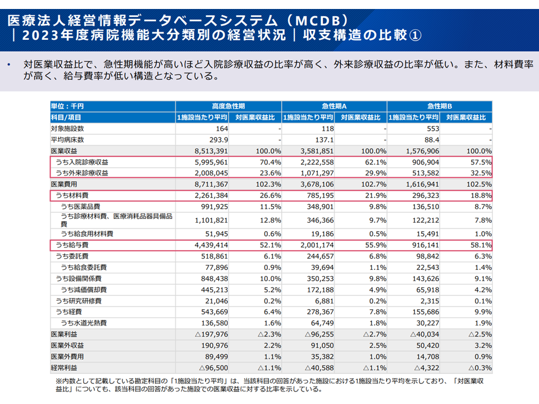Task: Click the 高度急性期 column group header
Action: point(229,106)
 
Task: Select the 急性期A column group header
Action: point(334,106)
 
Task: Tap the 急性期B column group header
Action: point(439,106)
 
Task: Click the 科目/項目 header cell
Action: point(66,117)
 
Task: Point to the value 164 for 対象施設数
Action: point(222,128)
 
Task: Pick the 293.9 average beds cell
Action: point(218,140)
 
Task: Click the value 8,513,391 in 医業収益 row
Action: point(211,151)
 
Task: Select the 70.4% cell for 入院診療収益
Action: point(270,162)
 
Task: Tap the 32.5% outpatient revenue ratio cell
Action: point(481,173)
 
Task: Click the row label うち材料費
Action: point(72,195)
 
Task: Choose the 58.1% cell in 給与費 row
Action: point(481,245)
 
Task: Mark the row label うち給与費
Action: point(72,245)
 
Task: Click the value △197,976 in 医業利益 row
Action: point(211,334)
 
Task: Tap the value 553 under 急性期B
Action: point(433,128)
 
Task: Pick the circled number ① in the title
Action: point(415,35)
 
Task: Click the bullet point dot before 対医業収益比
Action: point(9,65)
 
